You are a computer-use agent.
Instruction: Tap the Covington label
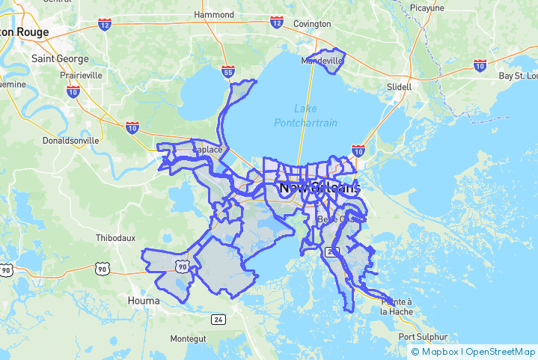tap(311, 24)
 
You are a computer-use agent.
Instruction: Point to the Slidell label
tap(400, 87)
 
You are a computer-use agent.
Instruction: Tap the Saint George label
tap(60, 58)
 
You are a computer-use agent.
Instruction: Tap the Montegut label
tap(188, 338)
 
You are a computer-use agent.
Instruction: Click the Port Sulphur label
tap(423, 337)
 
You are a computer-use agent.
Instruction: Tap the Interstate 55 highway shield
tap(227, 72)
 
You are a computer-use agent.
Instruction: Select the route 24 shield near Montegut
tap(218, 320)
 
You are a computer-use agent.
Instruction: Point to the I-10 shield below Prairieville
tap(73, 91)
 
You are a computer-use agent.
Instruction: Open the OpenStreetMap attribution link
tap(501, 352)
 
